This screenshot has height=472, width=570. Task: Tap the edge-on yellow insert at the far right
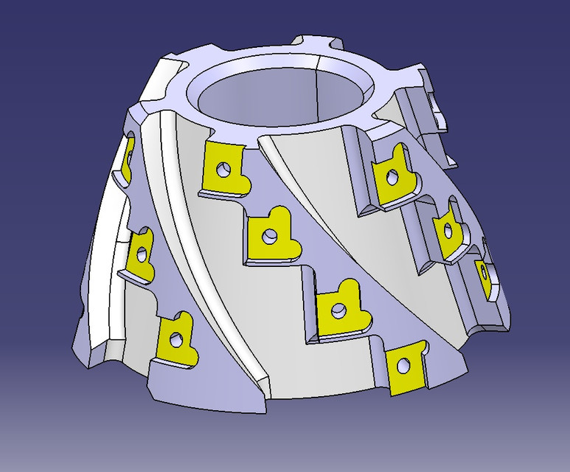point(484,277)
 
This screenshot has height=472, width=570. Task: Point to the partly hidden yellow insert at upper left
point(128,156)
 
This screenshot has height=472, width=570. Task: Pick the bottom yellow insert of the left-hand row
point(177,339)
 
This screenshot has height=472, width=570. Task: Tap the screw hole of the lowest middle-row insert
point(403,365)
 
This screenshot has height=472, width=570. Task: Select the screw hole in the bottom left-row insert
point(175,340)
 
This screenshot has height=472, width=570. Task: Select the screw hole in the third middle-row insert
point(338,310)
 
